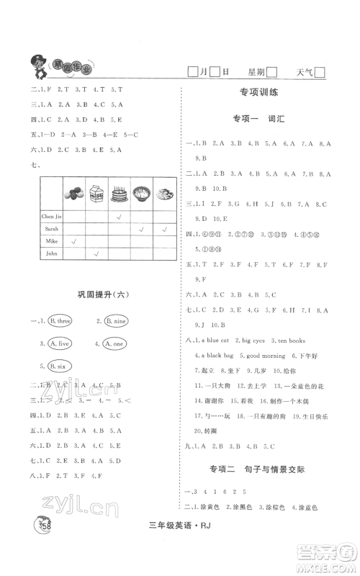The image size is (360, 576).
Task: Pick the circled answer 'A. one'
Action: pos(117,343)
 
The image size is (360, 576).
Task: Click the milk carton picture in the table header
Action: pos(96,194)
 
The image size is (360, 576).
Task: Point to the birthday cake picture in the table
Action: pos(120,194)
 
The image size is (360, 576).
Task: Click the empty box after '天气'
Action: pos(321,72)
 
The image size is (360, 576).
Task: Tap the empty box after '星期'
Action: pos(272,72)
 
